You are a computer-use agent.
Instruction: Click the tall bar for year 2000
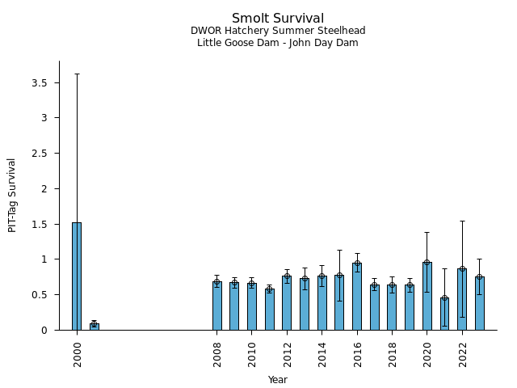[x=77, y=276]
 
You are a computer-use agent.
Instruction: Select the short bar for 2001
[x=95, y=327]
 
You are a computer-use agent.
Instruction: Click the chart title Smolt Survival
[x=278, y=19]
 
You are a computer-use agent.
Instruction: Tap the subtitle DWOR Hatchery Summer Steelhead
[x=278, y=32]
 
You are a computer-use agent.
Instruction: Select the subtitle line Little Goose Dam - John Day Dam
[x=278, y=43]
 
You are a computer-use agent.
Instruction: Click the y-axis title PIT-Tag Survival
[x=12, y=195]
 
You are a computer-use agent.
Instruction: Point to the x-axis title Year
[x=278, y=380]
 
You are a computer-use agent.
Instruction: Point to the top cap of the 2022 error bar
[x=462, y=221]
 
